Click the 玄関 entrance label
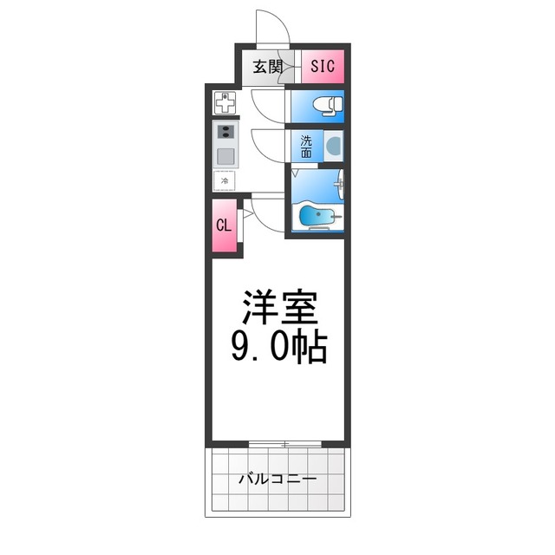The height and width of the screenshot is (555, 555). tap(267, 67)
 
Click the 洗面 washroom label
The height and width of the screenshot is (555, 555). tap(307, 147)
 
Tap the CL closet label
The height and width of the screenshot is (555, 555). tap(224, 225)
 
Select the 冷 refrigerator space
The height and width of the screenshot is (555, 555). tap(225, 181)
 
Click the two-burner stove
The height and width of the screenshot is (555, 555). tap(225, 134)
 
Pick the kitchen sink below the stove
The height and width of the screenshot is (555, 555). tap(225, 158)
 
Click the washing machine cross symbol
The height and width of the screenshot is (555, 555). tap(225, 103)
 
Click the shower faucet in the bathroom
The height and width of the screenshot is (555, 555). tap(339, 185)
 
